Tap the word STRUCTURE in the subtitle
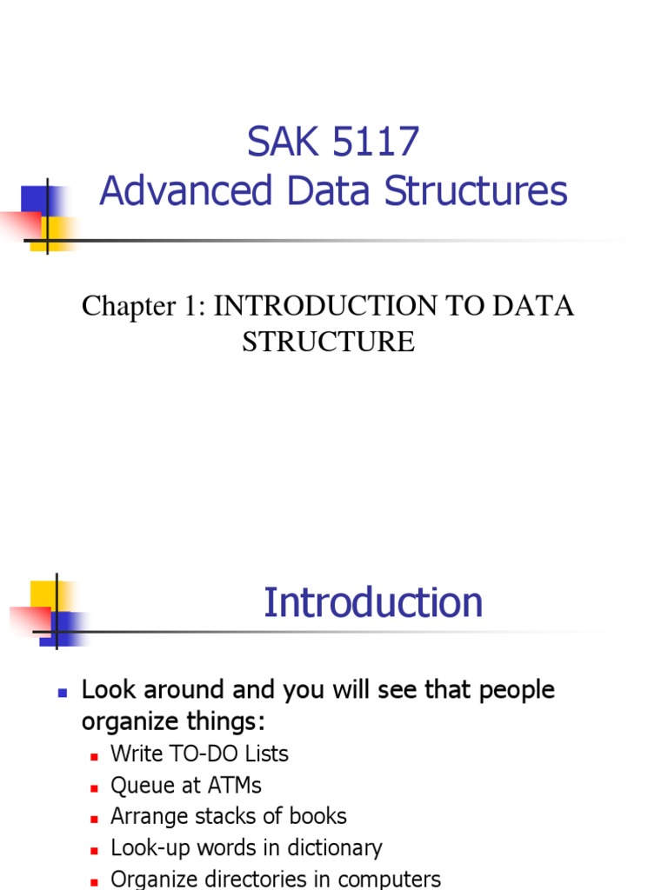tap(328, 342)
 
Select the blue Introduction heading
tap(373, 602)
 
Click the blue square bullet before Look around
tap(62, 693)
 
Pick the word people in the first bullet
tap(514, 690)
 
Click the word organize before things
tap(130, 722)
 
